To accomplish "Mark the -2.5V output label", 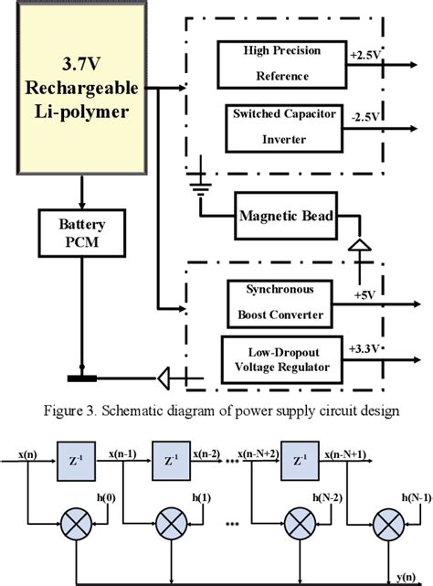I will pos(364,115).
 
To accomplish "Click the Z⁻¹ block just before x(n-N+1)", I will pos(298,458).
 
